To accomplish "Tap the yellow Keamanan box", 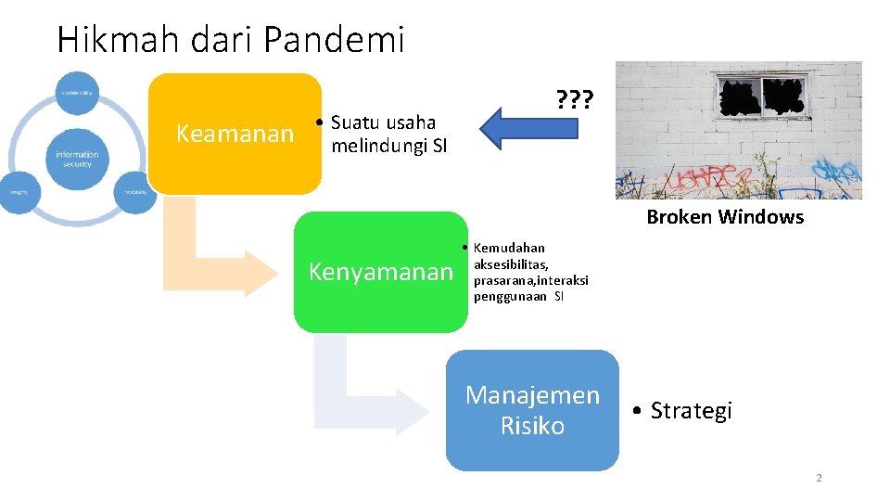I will point(235,134).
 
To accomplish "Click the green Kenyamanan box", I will point(380,272).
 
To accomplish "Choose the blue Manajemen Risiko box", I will point(532,410).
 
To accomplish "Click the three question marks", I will point(574,98).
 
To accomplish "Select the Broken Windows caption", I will point(724,217).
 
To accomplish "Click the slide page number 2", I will point(819,478).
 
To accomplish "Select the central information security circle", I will point(78,159).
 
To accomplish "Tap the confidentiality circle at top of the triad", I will point(78,93).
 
